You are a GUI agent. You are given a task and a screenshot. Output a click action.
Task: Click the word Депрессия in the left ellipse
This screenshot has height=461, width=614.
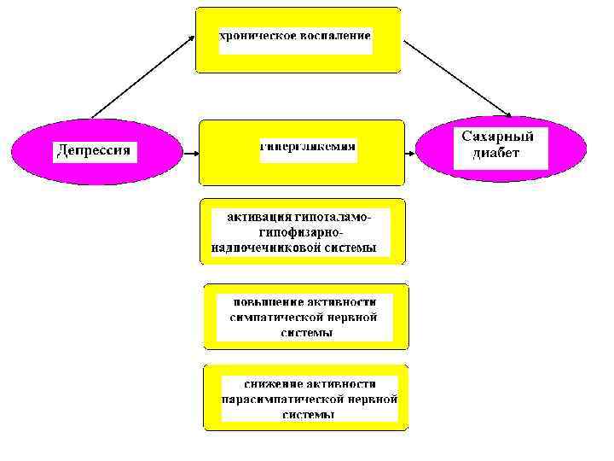pos(94,151)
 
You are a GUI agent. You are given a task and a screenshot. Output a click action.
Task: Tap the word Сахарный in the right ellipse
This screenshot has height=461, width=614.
pos(497,137)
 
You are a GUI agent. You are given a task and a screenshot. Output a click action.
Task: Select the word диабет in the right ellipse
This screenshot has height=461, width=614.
pos(498,155)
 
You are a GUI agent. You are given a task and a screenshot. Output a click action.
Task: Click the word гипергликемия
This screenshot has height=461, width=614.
pos(308,146)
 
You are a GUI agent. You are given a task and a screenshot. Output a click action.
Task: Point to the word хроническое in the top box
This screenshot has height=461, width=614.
pos(256,36)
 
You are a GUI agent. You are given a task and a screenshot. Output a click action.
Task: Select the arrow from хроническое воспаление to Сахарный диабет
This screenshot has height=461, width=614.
pos(456,78)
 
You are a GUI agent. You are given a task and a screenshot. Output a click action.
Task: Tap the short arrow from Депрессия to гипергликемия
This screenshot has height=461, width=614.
pos(190,154)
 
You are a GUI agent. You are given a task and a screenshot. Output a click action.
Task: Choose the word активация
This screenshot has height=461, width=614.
pos(258,217)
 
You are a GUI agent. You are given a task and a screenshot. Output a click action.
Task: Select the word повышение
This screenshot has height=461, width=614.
pos(271,301)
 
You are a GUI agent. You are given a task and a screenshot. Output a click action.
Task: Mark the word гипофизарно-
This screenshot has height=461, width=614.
pos(298,232)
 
